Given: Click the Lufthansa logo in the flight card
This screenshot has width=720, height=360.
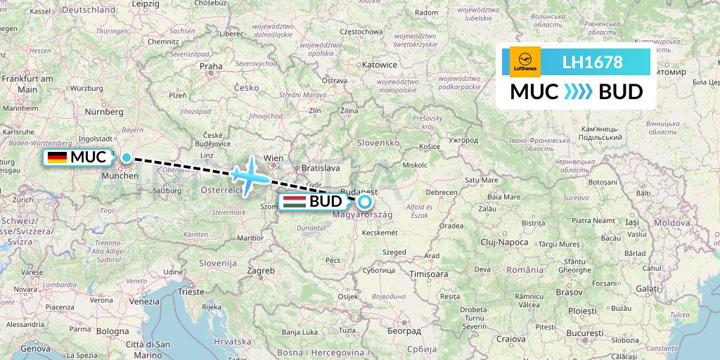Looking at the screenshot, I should (525, 61).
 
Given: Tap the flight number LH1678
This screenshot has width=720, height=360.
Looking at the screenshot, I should (592, 63).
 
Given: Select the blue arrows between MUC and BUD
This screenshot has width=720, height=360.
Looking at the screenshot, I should (579, 92).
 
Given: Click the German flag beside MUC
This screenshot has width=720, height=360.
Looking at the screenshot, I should (57, 157).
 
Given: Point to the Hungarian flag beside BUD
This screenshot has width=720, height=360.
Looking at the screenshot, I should (293, 202).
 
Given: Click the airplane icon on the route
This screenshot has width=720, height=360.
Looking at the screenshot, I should (247, 176).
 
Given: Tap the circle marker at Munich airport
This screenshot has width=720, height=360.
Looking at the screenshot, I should (127, 157).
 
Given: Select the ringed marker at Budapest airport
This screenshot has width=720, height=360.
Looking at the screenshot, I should (364, 202).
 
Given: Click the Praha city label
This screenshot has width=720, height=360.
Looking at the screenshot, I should (210, 67).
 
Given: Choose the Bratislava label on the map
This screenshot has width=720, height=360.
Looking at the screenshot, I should (320, 168).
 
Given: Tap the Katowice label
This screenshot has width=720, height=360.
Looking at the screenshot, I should (380, 65).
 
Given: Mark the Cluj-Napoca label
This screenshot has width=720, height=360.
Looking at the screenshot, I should (505, 242).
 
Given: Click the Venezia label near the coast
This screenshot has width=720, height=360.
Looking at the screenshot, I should (144, 301).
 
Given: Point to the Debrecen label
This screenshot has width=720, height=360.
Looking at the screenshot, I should (442, 192).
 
